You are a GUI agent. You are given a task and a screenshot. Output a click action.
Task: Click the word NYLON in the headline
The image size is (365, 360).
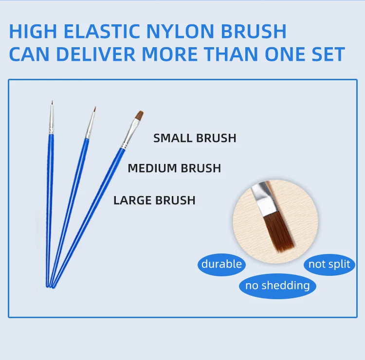[x=180, y=31]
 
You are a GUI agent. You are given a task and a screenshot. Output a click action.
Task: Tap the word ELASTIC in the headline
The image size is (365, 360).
[x=102, y=31]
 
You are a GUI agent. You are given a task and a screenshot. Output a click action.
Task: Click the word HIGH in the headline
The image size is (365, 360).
[x=33, y=31]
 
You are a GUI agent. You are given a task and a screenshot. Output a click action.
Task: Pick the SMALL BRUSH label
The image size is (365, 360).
[x=195, y=138]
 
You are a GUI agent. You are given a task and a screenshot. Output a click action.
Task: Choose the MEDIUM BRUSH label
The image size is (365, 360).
[x=174, y=168]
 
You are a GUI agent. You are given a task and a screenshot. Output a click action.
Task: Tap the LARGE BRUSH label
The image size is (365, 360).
[x=154, y=200]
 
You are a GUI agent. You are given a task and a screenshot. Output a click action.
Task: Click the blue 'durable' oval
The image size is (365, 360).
[x=221, y=265]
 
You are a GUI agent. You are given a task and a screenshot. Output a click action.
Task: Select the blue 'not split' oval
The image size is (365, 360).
[x=329, y=265]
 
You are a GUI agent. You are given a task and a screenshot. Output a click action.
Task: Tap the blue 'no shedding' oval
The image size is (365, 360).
[x=277, y=286]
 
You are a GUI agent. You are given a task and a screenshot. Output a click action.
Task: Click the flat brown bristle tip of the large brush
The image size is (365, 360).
[x=140, y=115]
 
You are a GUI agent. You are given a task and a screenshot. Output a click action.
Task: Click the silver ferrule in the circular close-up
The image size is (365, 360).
[x=264, y=199]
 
